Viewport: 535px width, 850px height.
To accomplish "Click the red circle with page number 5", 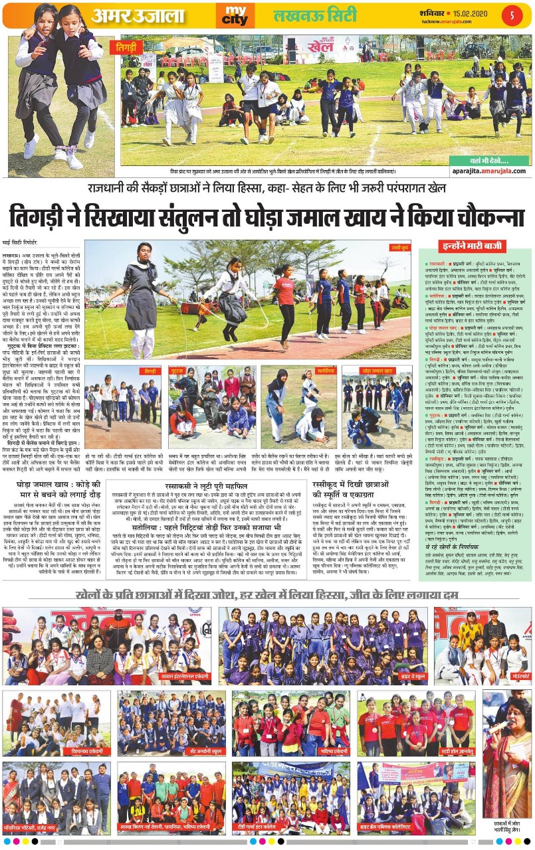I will [x=512, y=14].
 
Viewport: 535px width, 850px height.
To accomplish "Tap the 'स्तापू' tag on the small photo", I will [x=306, y=371].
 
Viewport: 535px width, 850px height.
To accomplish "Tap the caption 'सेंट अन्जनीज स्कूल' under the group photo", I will [x=168, y=746].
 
